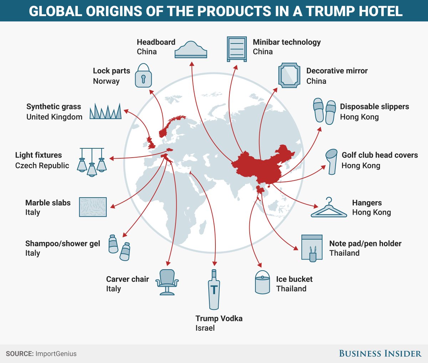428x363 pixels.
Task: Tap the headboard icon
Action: (x=191, y=50)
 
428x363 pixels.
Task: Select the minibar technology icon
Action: (x=237, y=49)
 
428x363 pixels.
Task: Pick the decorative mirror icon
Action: (x=289, y=75)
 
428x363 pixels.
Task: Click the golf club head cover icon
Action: (x=331, y=161)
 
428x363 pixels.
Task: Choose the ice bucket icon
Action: (x=263, y=282)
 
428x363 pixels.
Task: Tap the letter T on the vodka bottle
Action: (x=214, y=289)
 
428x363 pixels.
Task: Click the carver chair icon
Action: (x=167, y=282)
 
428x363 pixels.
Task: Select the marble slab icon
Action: (x=93, y=207)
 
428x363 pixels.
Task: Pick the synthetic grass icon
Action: (x=106, y=111)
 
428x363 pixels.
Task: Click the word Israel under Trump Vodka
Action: (x=205, y=328)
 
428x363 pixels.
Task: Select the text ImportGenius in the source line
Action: (x=56, y=354)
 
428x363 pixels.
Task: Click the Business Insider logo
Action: (x=380, y=354)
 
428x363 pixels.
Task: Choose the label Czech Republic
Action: (x=42, y=165)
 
